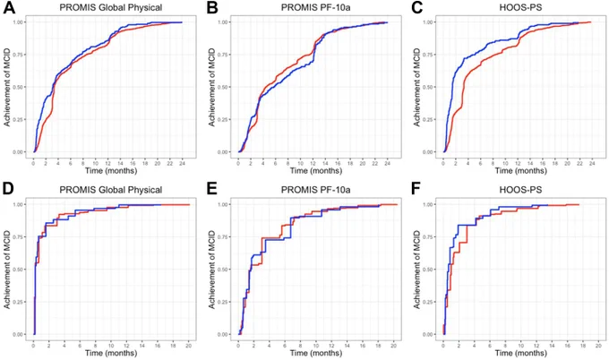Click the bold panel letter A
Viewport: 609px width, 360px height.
(9, 7)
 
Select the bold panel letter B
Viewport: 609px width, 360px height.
(212, 7)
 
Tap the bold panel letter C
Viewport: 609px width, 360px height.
(416, 7)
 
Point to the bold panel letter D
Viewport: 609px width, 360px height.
(8, 189)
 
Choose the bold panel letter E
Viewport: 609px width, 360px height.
(212, 189)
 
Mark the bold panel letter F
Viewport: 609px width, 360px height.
(416, 189)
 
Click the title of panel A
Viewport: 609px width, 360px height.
(111, 7)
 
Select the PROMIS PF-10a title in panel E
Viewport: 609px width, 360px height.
(316, 190)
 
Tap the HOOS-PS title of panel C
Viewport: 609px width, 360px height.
(520, 7)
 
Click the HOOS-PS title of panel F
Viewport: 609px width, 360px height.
(520, 190)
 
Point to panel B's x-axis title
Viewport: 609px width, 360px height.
(316, 170)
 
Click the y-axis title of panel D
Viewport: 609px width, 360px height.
(7, 270)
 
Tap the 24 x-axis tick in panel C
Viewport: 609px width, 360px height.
(592, 164)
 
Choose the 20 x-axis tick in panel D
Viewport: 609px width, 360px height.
(189, 346)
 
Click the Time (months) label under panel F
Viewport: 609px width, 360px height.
(521, 353)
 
